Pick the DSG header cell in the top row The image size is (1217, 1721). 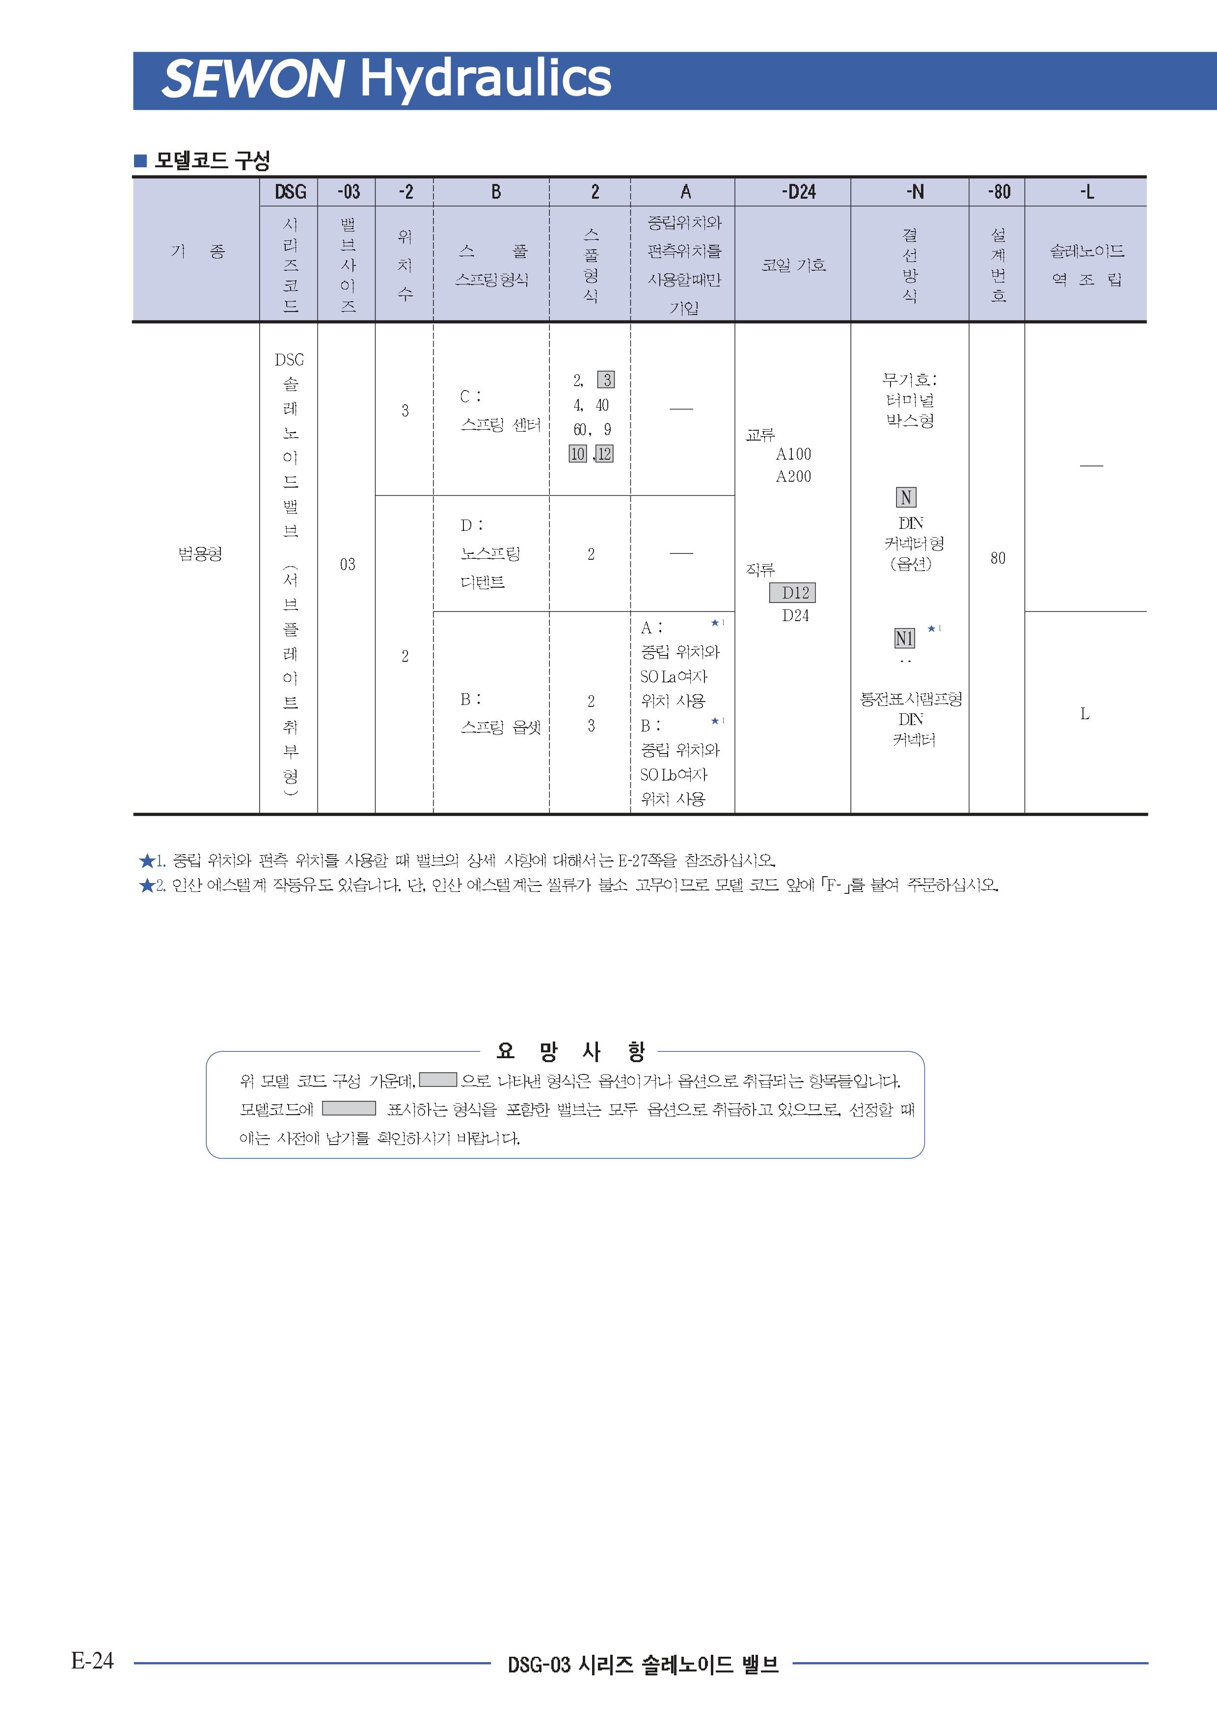click(x=290, y=192)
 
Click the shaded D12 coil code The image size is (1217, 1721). click(x=793, y=593)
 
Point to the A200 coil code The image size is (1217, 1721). click(x=793, y=477)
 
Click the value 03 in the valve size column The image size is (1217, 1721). click(x=347, y=564)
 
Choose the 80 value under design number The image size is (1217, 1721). click(x=997, y=558)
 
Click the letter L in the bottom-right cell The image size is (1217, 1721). click(x=1084, y=714)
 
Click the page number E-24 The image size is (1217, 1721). click(x=92, y=1660)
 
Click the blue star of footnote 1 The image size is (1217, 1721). click(x=147, y=860)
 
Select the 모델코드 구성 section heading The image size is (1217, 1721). click(x=212, y=160)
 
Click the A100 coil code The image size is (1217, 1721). click(x=793, y=454)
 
